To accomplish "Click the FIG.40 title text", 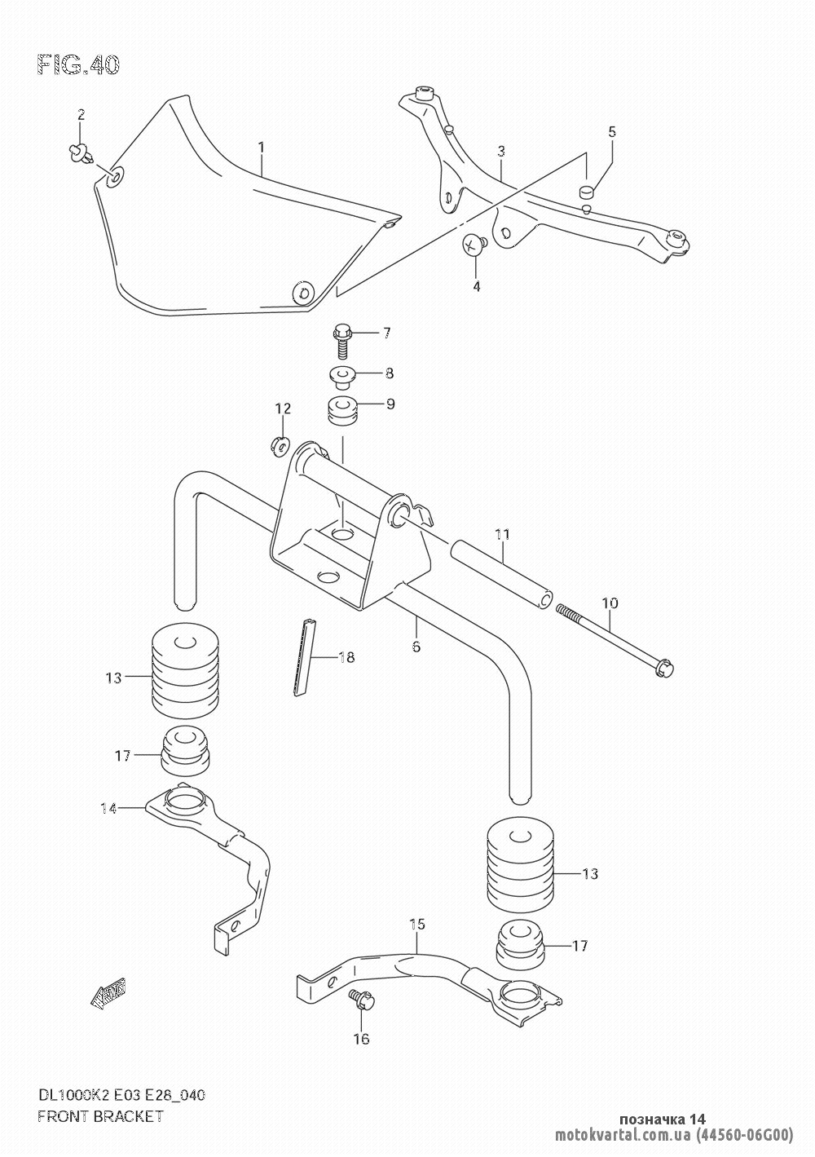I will point(78,65).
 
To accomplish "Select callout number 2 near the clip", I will point(81,115).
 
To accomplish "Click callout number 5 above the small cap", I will point(611,131).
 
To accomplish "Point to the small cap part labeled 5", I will point(587,193).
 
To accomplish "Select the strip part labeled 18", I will point(302,656).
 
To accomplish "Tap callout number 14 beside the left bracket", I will point(108,808).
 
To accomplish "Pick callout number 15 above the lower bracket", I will point(417,924).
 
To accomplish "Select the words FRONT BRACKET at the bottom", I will point(100,1116).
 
